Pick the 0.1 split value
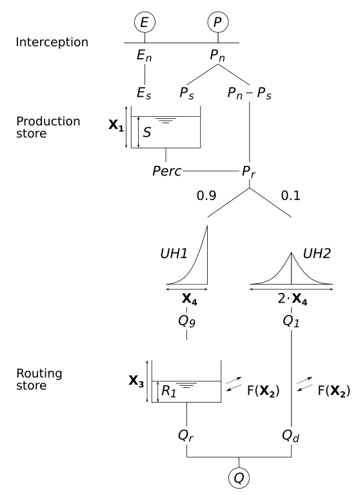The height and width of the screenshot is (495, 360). pos(292,193)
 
